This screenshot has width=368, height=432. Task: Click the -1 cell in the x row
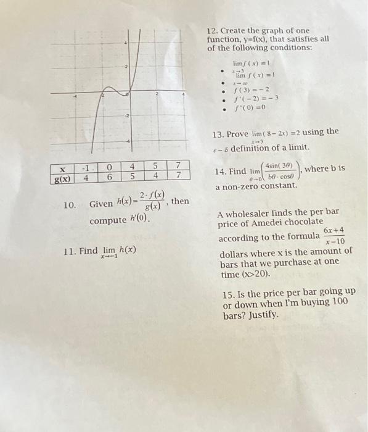coord(86,167)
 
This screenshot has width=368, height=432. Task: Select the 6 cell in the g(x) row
coord(108,177)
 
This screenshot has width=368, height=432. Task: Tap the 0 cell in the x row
coord(108,167)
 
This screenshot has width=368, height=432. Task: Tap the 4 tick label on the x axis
coord(182,96)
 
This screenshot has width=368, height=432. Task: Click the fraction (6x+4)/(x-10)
coord(333,236)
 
